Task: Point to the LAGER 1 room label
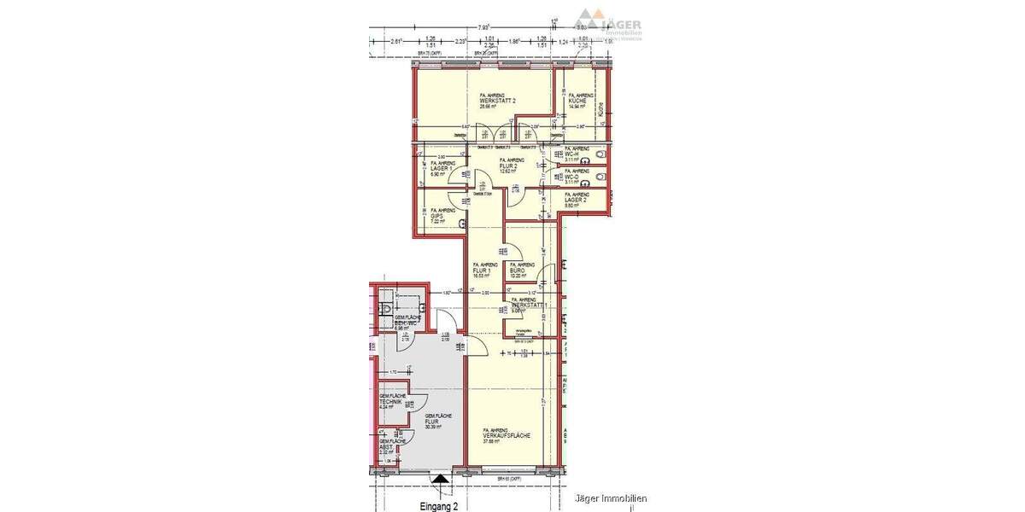click(x=442, y=168)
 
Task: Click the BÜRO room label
click(x=522, y=271)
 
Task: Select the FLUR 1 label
click(x=484, y=271)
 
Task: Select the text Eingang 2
click(x=440, y=505)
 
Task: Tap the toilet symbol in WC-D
click(x=604, y=177)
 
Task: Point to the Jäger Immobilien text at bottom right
click(x=611, y=498)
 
